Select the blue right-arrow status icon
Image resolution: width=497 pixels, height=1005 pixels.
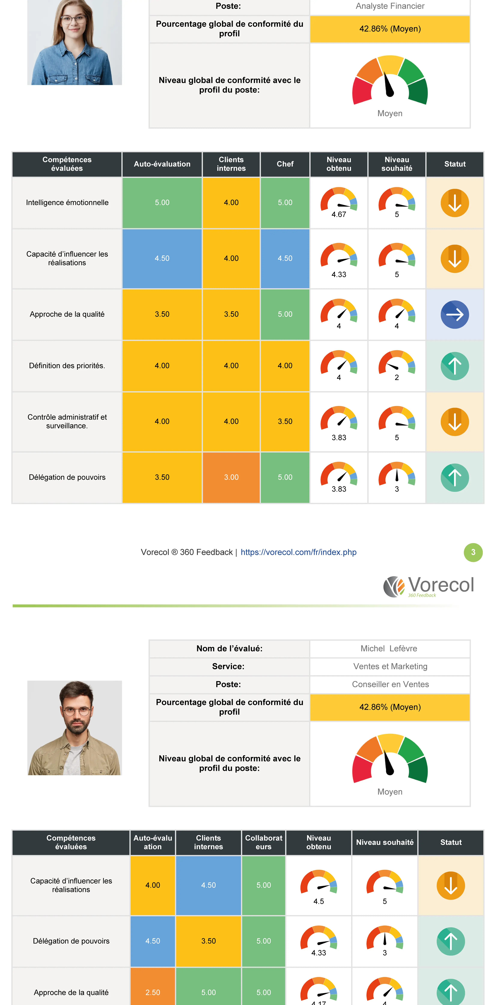(x=454, y=314)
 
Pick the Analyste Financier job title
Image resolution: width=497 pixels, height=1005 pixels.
(x=390, y=6)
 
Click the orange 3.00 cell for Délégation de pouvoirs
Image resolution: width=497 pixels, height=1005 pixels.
(x=231, y=477)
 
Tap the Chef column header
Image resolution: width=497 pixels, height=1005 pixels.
(x=285, y=164)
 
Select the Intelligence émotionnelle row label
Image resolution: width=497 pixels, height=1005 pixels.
(x=67, y=202)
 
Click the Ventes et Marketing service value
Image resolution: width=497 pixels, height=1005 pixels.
(x=390, y=666)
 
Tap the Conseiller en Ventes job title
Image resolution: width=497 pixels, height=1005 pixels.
(x=390, y=684)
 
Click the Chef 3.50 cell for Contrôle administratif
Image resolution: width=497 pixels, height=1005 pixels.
(x=285, y=421)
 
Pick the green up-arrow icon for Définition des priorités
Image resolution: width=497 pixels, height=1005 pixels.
(x=454, y=366)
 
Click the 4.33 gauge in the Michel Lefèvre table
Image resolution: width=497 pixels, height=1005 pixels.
(x=319, y=941)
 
